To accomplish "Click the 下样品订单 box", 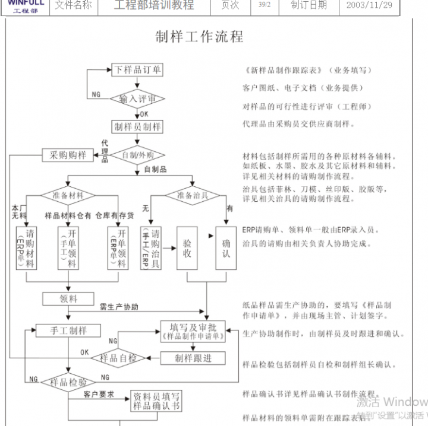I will click(138, 69).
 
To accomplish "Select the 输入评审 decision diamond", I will click(138, 98).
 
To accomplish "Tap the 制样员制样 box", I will click(138, 126).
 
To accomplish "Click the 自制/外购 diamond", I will click(138, 155).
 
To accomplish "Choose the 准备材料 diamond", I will click(68, 195).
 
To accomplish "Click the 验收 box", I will click(187, 248).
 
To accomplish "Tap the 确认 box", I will click(226, 248).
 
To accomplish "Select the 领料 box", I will click(68, 298).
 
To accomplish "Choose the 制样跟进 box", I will click(193, 358).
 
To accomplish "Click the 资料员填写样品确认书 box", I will click(156, 402).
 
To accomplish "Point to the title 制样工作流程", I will click(199, 37).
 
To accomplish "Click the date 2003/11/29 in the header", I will click(369, 5).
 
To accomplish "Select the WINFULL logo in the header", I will click(26, 5).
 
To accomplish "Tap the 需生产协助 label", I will click(119, 307).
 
